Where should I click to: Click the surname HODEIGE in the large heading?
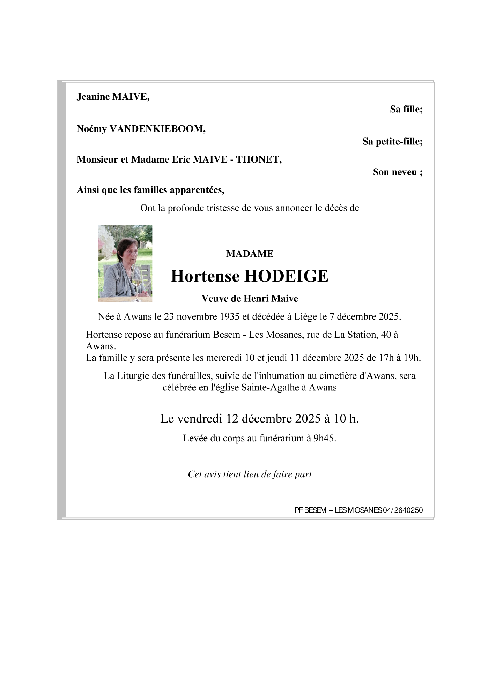[x=286, y=276]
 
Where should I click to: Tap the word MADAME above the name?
[x=250, y=254]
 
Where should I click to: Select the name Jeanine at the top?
[x=93, y=97]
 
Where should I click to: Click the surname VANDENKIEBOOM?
[x=157, y=129]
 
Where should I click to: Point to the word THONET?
[x=259, y=159]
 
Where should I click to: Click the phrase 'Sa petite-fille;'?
[x=392, y=142]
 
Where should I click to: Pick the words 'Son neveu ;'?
[x=398, y=172]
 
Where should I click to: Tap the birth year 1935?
[x=230, y=317]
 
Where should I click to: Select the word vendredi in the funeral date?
[x=200, y=418]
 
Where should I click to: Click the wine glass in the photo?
[x=137, y=284]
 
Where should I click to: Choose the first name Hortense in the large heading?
[x=205, y=276]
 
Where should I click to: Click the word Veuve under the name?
[x=213, y=299]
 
